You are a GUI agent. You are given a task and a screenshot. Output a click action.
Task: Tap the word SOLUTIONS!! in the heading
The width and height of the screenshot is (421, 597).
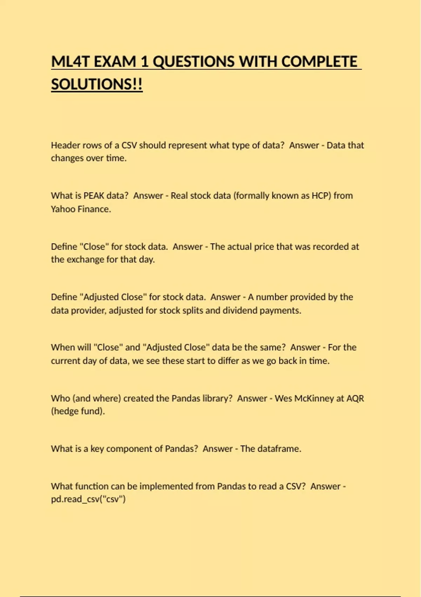pyautogui.click(x=97, y=85)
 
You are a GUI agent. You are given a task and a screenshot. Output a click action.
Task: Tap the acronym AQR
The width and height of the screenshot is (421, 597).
pyautogui.click(x=355, y=398)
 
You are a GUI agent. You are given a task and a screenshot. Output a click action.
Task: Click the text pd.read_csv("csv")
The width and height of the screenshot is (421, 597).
pyautogui.click(x=88, y=499)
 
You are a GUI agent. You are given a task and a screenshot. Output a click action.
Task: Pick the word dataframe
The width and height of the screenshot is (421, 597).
pyautogui.click(x=279, y=449)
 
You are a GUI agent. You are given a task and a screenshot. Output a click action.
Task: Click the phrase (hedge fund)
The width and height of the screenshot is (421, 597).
pyautogui.click(x=78, y=411)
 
